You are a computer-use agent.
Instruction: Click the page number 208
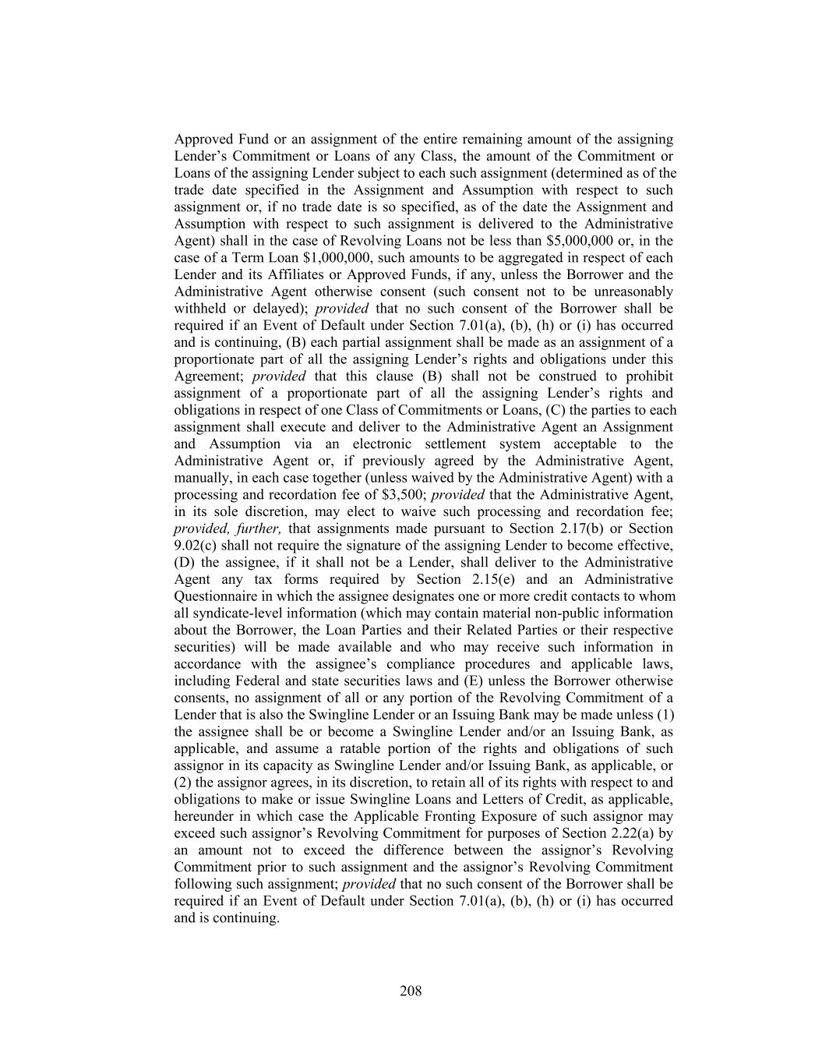click(x=411, y=992)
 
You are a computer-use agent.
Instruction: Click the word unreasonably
click(x=630, y=292)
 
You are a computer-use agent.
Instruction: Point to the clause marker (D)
click(x=185, y=563)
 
